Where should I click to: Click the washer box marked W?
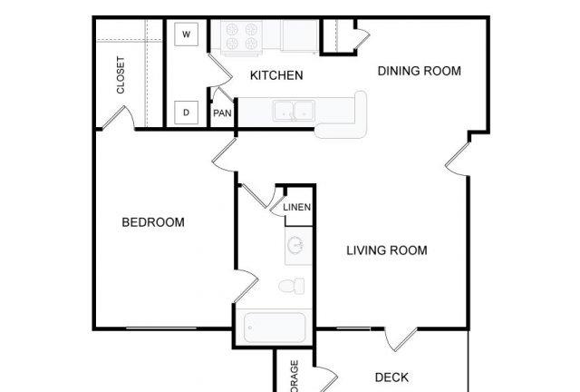pos(186,34)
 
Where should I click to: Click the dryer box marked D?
pos(186,113)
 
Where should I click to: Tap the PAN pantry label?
pos(222,113)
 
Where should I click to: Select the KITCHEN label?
pos(276,75)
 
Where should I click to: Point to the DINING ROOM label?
pos(419,71)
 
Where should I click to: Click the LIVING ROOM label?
pos(387,250)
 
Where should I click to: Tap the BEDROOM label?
pos(153,222)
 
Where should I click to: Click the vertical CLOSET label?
pos(121,75)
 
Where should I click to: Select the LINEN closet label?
pos(297,208)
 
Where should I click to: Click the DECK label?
pos(391,377)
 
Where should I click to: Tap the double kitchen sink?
pos(294,111)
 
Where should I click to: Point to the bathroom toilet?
pos(292,287)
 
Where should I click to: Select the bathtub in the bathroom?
pos(275,326)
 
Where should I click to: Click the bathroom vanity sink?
pos(297,245)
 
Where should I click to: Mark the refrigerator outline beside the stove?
pos(296,35)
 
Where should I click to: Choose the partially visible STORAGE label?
pos(295,377)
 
